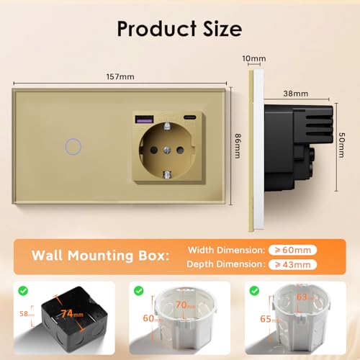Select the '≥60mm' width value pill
tap(294, 249)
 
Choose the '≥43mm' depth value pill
tap(294, 264)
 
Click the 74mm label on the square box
tap(71, 313)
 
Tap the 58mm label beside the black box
tap(24, 315)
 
